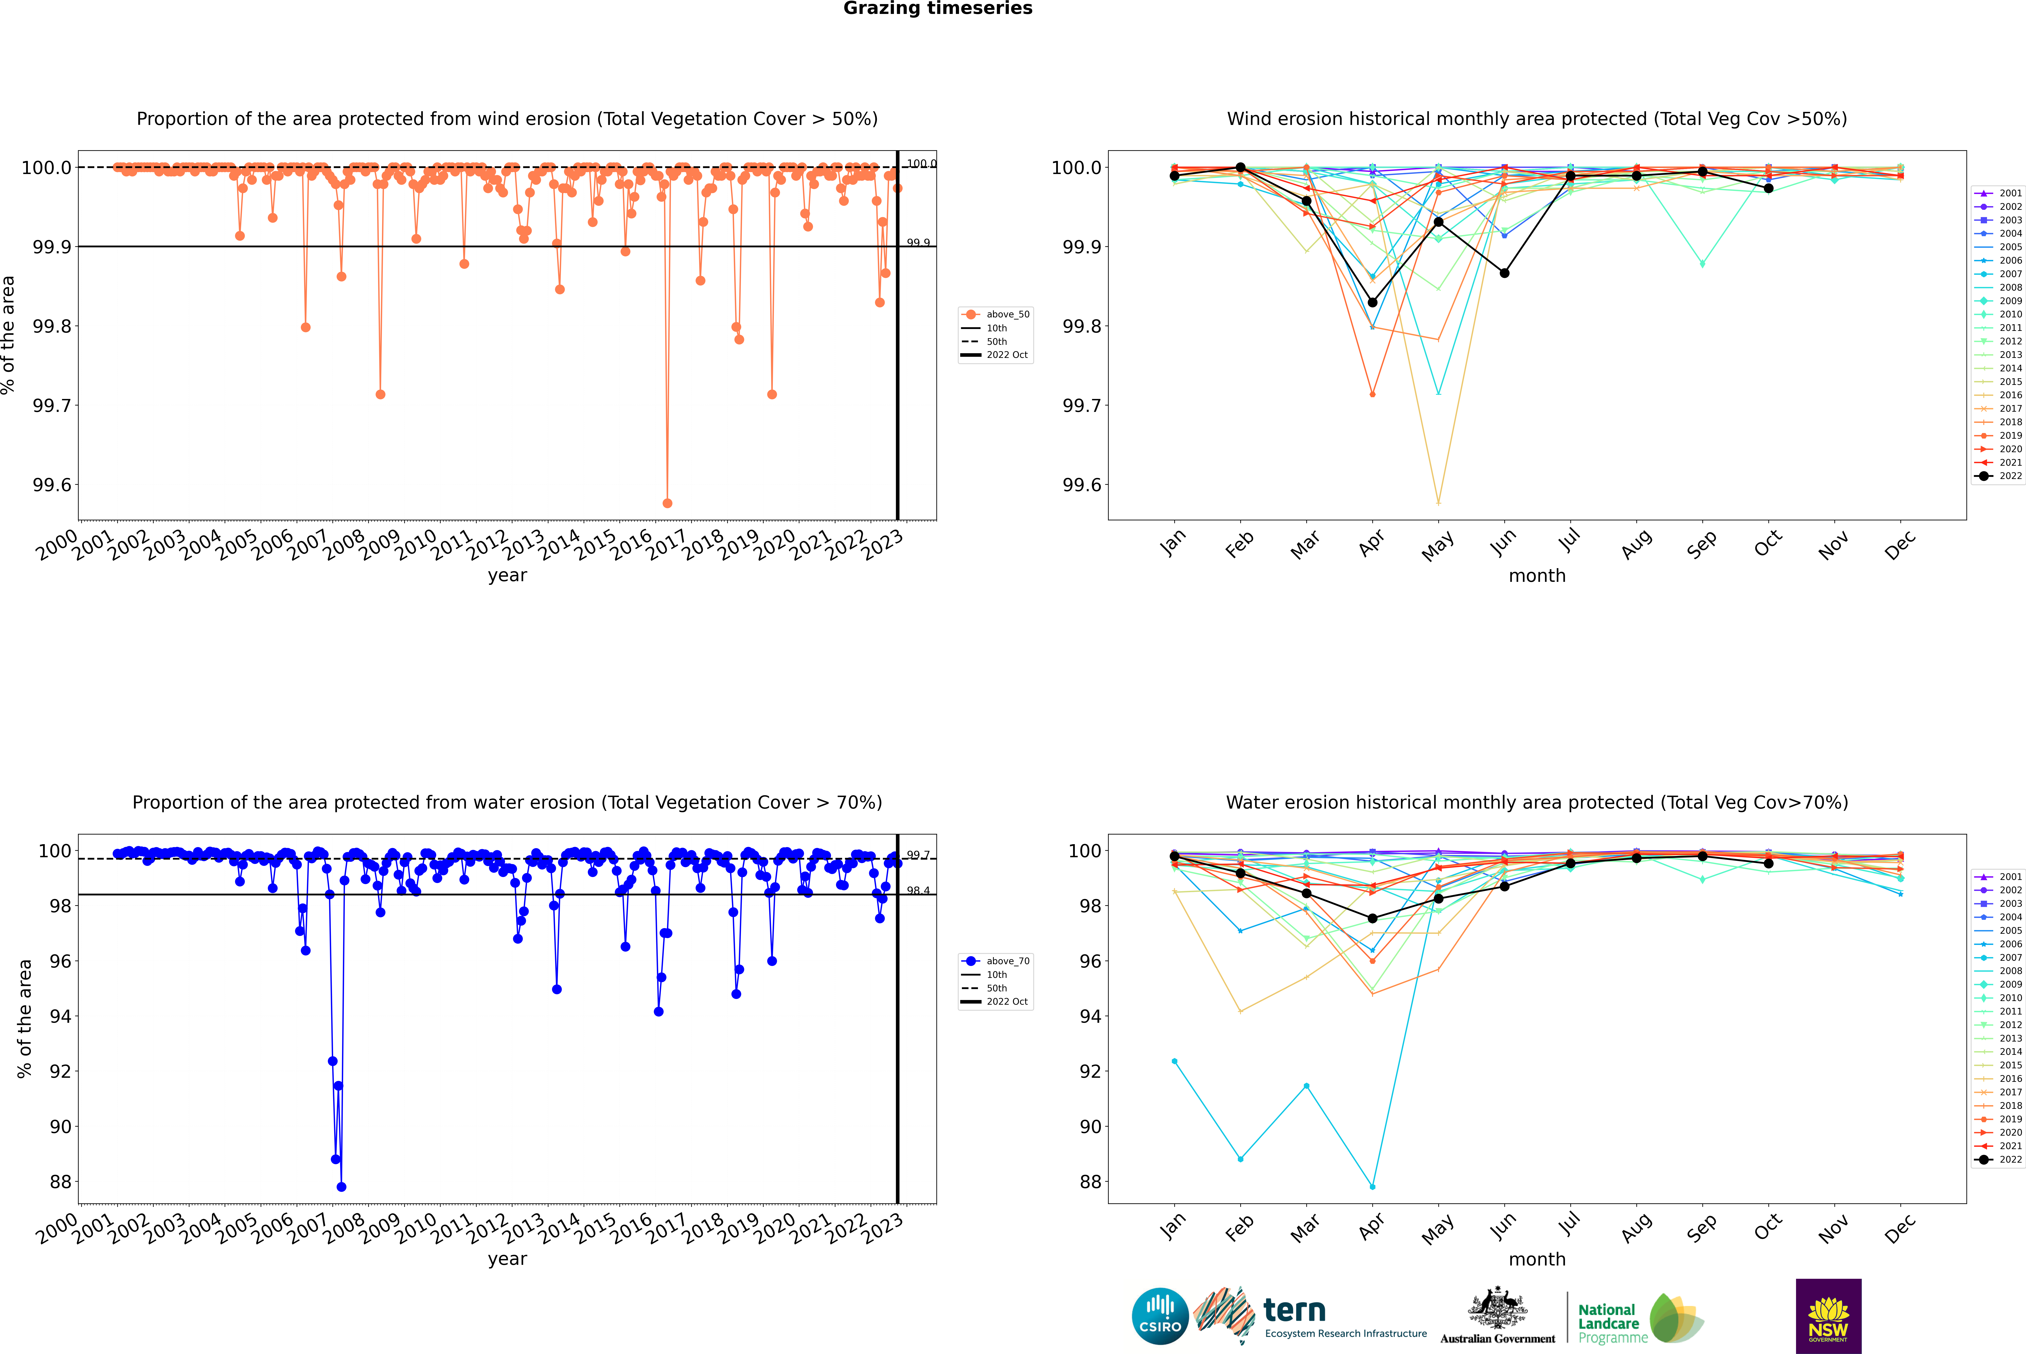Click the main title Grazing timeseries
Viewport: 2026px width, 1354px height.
[938, 9]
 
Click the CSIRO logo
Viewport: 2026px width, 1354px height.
[1160, 1316]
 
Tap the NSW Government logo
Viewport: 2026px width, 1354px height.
[1828, 1316]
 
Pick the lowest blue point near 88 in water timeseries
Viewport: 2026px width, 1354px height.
[341, 1186]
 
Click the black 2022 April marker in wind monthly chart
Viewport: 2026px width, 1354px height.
[1372, 302]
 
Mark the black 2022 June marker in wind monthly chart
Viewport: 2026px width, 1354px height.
[1504, 273]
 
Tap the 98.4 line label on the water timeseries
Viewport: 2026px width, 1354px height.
[918, 890]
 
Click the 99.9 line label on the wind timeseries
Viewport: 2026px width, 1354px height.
[918, 243]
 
